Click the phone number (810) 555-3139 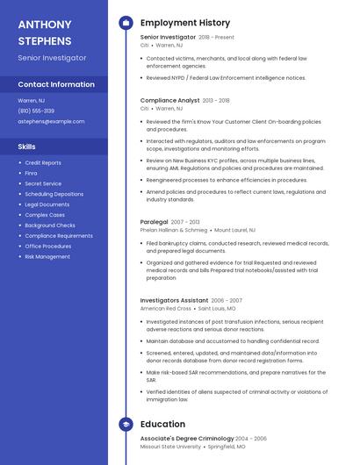[x=36, y=111]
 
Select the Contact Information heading [x=56, y=84]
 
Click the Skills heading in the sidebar [x=27, y=146]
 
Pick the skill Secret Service [x=43, y=183]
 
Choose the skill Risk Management [x=47, y=256]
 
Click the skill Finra [x=31, y=173]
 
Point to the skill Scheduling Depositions [x=53, y=194]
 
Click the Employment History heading [x=185, y=23]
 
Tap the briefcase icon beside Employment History [x=126, y=23]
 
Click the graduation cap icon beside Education [x=126, y=424]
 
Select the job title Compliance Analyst [x=169, y=101]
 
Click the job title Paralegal [x=155, y=222]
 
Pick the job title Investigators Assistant [x=174, y=300]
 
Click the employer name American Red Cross [x=165, y=309]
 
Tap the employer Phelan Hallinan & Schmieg [x=173, y=230]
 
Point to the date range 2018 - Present [x=216, y=38]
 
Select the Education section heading [x=162, y=424]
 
